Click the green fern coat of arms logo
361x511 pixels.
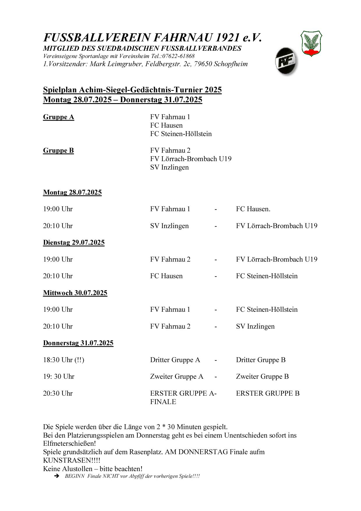point(311,43)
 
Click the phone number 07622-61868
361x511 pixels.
point(178,56)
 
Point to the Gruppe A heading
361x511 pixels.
point(59,117)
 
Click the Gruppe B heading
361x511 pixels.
point(58,151)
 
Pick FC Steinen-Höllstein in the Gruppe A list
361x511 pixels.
point(181,134)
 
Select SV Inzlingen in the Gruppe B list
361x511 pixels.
point(169,168)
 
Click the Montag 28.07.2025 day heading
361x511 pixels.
point(72,193)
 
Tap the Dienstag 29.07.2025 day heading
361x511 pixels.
point(74,243)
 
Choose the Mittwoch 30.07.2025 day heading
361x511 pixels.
point(75,293)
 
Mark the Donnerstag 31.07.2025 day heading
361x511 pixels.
point(78,343)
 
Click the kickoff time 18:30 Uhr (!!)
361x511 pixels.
point(63,360)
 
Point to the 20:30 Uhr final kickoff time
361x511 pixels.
point(58,394)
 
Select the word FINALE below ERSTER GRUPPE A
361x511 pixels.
point(163,402)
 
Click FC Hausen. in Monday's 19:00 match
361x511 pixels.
point(253,209)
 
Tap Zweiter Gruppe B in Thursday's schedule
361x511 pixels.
point(262,377)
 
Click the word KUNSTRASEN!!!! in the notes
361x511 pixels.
point(71,461)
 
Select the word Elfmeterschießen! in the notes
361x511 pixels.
point(69,444)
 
